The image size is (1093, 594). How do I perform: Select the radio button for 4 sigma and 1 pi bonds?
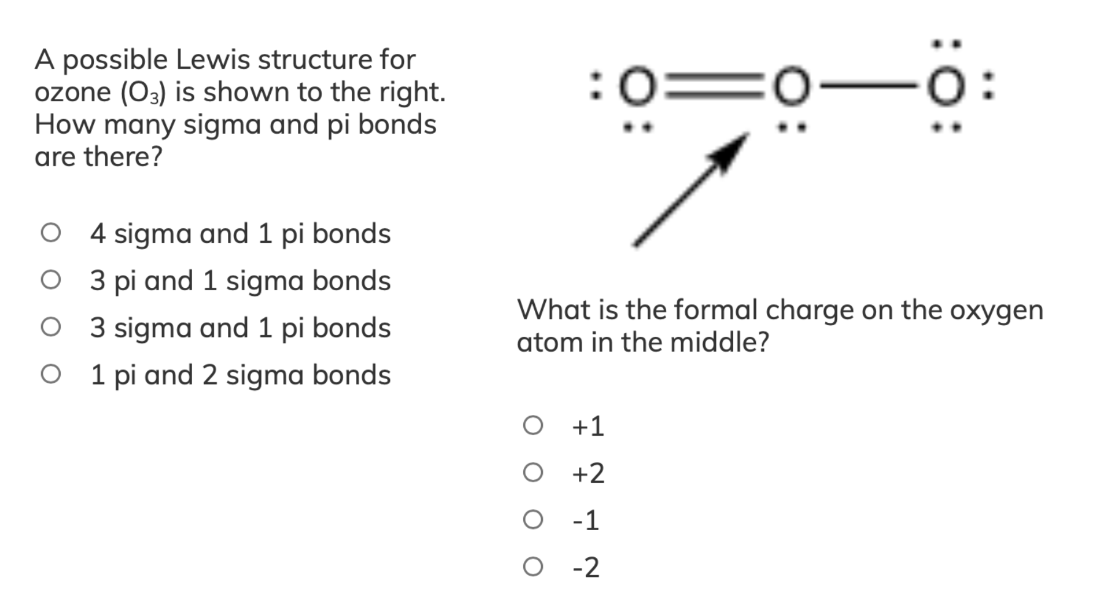tap(51, 233)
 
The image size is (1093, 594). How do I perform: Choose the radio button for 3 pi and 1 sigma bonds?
tap(51, 280)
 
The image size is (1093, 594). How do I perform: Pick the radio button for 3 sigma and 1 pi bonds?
tap(51, 328)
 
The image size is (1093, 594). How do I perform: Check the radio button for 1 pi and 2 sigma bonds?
tap(51, 374)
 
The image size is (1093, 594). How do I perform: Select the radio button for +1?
tap(533, 425)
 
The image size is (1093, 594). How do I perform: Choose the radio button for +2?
tap(533, 472)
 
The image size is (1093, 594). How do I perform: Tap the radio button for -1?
tap(533, 520)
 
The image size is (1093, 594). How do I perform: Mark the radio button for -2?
tap(533, 567)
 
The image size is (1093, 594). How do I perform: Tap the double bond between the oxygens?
tap(714, 88)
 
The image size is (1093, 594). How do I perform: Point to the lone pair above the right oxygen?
tap(946, 44)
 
